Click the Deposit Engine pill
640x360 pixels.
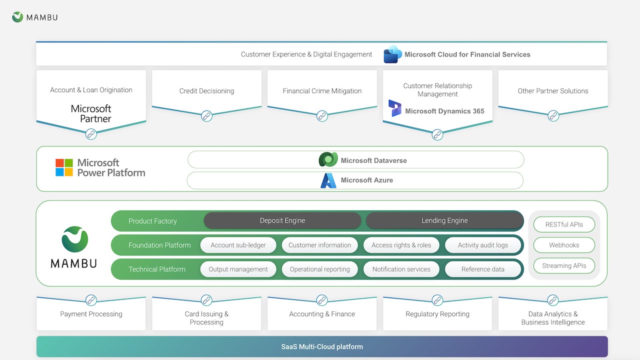click(282, 220)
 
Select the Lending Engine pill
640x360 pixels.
click(444, 220)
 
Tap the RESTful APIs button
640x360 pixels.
click(564, 224)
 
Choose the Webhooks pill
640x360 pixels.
click(564, 245)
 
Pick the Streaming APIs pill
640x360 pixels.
click(564, 265)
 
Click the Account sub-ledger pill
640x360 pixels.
click(238, 245)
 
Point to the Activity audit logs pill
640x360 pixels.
click(483, 245)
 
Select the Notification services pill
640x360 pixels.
click(401, 269)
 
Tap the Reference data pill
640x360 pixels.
click(483, 269)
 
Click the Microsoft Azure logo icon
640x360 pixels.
click(328, 180)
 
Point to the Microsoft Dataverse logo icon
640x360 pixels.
click(328, 159)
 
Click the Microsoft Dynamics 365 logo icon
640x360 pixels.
click(395, 108)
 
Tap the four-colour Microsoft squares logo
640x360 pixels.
click(64, 167)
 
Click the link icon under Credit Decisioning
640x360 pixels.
click(206, 116)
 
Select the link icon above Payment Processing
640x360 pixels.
click(91, 300)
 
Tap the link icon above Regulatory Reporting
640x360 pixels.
click(437, 300)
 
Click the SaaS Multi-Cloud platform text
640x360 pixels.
click(322, 347)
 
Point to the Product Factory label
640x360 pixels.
click(152, 221)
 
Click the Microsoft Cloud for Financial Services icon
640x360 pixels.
click(392, 54)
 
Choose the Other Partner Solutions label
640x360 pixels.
click(553, 91)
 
